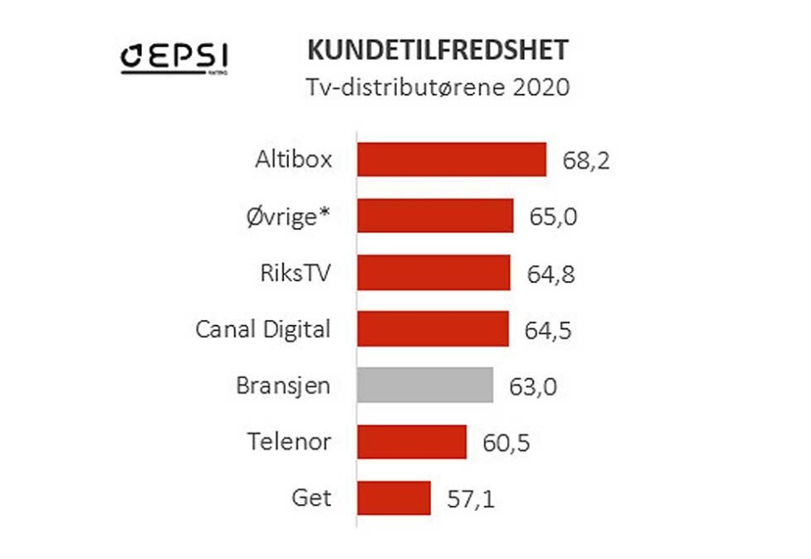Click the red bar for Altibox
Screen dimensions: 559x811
tap(452, 160)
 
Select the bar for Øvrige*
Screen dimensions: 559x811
tap(436, 215)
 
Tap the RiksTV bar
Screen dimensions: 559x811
tap(434, 272)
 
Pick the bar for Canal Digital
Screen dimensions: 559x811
tap(433, 328)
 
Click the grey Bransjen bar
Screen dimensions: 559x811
tap(426, 385)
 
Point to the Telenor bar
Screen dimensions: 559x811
tap(412, 442)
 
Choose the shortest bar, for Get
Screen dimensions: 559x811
tap(395, 498)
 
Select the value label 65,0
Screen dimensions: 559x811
tap(554, 217)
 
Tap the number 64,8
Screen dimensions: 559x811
tap(551, 274)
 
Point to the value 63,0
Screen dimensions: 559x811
tap(534, 388)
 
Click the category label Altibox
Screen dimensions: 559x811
tap(292, 160)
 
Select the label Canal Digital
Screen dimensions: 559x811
tap(263, 328)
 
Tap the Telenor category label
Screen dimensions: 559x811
tap(290, 442)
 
